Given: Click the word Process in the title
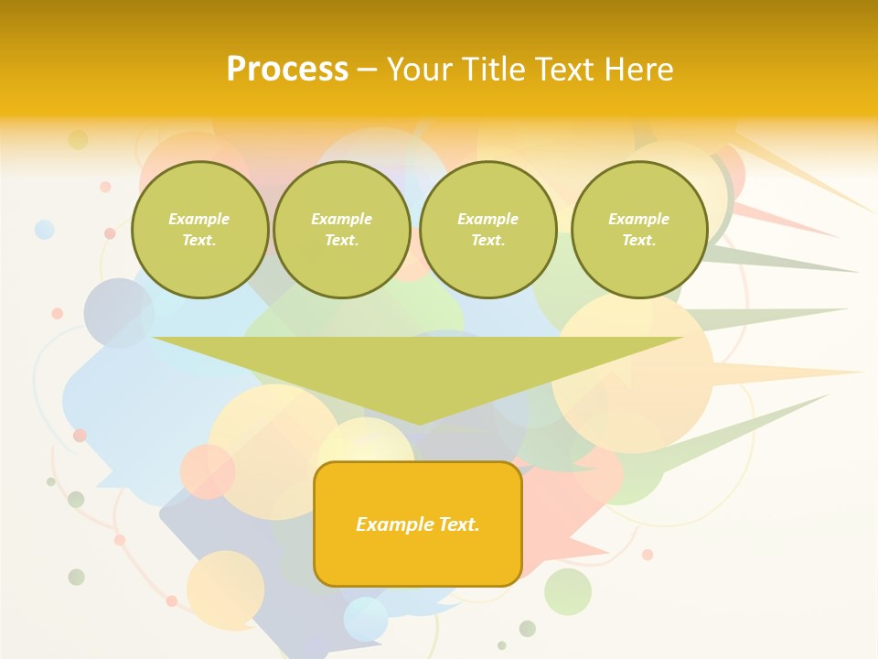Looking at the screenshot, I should coord(287,70).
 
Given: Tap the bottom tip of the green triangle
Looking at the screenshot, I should coord(419,423).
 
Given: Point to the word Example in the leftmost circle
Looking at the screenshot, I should coord(199,219).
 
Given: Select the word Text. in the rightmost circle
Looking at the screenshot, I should coord(639,240).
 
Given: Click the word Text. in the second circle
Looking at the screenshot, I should coord(342,240).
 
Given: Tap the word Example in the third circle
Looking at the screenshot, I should coord(488,219).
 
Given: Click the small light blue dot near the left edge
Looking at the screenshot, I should coord(44,230).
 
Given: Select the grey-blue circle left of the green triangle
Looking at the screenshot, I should coord(118,313).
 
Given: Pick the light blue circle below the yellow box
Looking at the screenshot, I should coord(366,619).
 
